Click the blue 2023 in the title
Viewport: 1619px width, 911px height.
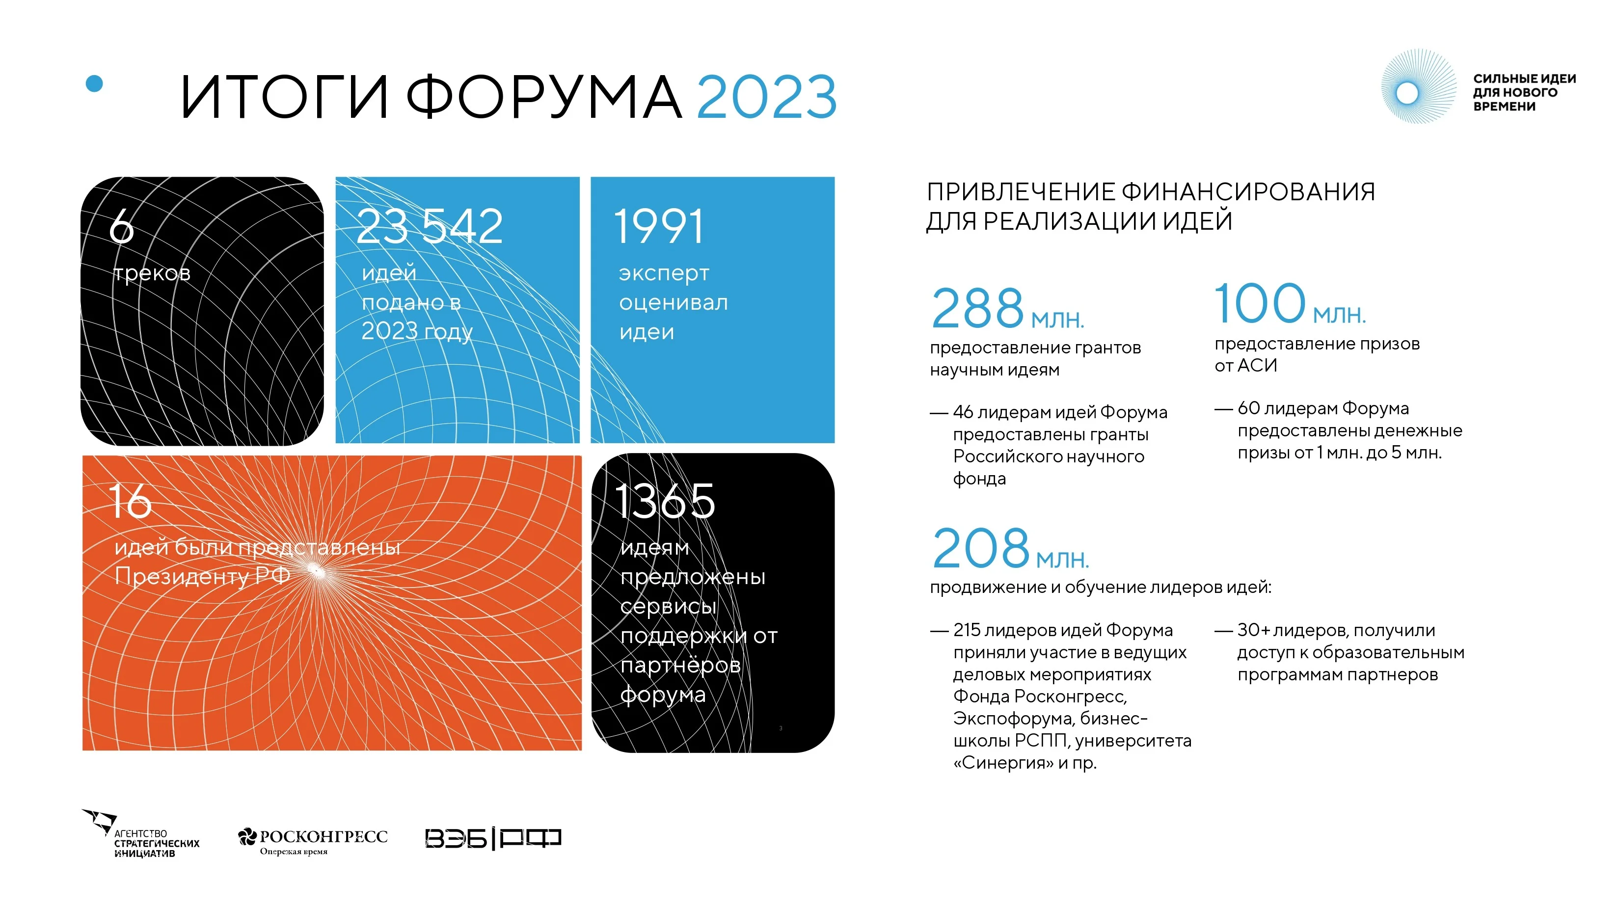coord(767,97)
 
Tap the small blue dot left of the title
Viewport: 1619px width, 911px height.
coord(94,83)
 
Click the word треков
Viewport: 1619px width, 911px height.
coord(152,273)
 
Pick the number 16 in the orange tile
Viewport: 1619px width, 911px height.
coord(130,501)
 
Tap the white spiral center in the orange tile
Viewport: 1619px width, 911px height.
coord(316,571)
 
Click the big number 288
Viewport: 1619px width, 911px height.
coord(977,308)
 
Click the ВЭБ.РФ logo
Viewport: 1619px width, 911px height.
coord(493,838)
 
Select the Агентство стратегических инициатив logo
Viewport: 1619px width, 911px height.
coord(141,834)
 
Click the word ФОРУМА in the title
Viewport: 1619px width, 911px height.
coord(543,97)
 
